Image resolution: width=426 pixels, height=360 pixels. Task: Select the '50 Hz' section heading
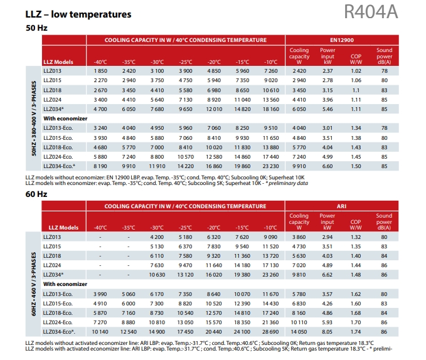click(x=37, y=28)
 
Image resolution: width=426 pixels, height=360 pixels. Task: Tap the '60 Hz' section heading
click(x=37, y=194)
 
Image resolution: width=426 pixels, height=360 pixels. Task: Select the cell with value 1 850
click(x=100, y=72)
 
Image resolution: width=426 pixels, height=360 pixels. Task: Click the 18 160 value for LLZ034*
click(x=270, y=108)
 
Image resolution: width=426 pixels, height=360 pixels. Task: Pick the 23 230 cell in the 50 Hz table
click(x=270, y=166)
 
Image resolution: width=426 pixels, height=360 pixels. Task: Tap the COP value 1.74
click(x=356, y=331)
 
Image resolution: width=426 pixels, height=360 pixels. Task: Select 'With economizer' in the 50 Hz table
click(x=63, y=118)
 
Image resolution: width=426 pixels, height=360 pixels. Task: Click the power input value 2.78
click(x=327, y=81)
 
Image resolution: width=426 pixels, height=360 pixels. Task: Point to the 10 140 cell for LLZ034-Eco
click(x=100, y=331)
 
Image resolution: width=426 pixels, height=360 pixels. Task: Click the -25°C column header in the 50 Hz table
click(x=185, y=61)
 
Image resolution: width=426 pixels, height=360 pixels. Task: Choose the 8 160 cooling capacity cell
click(x=299, y=312)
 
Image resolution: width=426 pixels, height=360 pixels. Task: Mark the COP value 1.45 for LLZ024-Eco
click(x=356, y=156)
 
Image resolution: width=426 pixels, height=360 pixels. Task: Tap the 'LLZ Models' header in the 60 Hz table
click(x=59, y=227)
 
